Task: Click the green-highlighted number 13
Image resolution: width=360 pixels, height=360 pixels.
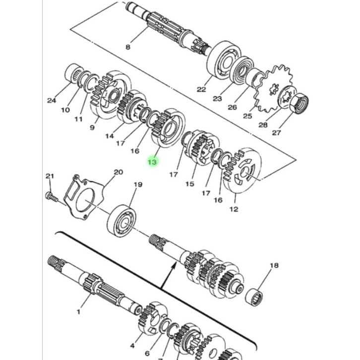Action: [x=152, y=162]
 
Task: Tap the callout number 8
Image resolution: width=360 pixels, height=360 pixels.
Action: [x=128, y=47]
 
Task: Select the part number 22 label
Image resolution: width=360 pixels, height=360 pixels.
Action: [x=201, y=89]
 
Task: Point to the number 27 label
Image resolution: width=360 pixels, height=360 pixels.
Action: [x=276, y=133]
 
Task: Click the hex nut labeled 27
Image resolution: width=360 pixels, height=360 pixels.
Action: [x=300, y=104]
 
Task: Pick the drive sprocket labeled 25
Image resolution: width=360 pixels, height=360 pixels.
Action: [x=274, y=88]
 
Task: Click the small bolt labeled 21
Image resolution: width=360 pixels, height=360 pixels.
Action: [x=52, y=196]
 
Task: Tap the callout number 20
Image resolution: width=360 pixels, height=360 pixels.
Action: [x=119, y=172]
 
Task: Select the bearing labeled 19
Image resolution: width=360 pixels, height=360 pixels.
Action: [x=121, y=221]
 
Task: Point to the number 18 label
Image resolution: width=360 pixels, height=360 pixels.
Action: [x=274, y=265]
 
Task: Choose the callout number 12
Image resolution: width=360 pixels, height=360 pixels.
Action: [x=234, y=209]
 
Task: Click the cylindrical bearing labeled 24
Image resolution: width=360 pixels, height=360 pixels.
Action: [x=74, y=72]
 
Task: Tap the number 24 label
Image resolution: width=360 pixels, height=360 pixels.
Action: [x=52, y=100]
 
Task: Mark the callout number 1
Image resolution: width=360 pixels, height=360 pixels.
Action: [x=78, y=312]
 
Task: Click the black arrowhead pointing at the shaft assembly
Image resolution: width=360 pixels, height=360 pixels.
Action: [x=174, y=267]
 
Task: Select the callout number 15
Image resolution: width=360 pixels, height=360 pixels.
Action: [x=190, y=184]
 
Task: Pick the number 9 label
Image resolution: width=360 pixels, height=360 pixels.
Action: [x=92, y=127]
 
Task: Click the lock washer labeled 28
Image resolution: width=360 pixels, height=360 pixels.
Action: [x=287, y=97]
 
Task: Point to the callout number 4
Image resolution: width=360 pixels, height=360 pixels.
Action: [x=132, y=345]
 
